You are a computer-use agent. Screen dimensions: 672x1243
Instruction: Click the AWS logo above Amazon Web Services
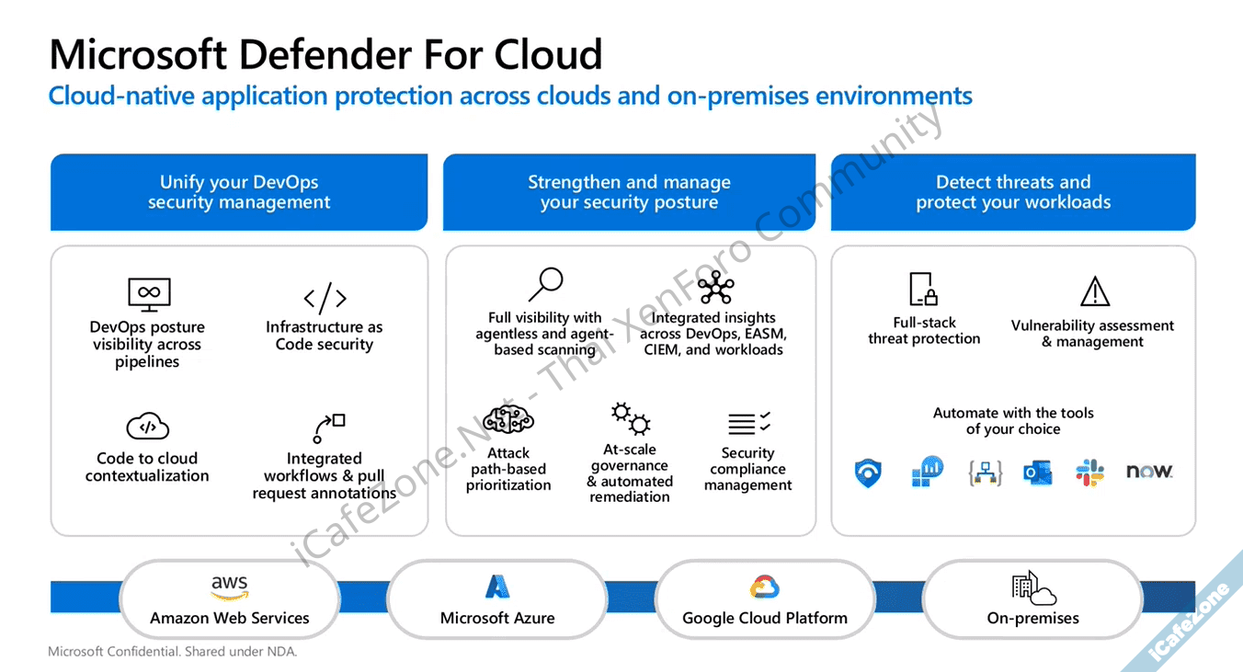pyautogui.click(x=229, y=587)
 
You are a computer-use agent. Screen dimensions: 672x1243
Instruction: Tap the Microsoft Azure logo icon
pyautogui.click(x=497, y=587)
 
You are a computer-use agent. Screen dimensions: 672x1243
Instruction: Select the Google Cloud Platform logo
pyautogui.click(x=765, y=587)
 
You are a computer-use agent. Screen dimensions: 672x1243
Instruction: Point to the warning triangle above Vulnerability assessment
pyautogui.click(x=1094, y=292)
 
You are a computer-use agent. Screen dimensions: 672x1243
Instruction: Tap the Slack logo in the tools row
pyautogui.click(x=1090, y=473)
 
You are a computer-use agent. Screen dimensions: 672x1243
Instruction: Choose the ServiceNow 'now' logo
pyautogui.click(x=1149, y=472)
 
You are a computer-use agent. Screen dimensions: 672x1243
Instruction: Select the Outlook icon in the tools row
pyautogui.click(x=1038, y=473)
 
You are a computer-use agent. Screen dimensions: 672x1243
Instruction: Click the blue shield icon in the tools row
pyautogui.click(x=867, y=473)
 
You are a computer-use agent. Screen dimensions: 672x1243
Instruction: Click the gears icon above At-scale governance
pyautogui.click(x=631, y=418)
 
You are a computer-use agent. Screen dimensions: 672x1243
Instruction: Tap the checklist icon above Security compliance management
pyautogui.click(x=748, y=424)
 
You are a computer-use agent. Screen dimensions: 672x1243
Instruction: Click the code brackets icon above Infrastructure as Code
pyautogui.click(x=325, y=298)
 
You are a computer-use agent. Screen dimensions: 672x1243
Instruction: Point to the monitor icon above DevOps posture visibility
pyautogui.click(x=149, y=294)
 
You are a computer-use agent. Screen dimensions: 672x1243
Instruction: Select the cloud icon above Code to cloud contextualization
pyautogui.click(x=148, y=427)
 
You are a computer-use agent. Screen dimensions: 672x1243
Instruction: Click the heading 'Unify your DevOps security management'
pyautogui.click(x=239, y=192)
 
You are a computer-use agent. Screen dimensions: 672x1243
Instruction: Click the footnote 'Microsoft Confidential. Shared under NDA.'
pyautogui.click(x=173, y=652)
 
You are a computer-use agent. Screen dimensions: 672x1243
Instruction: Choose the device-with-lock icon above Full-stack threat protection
pyautogui.click(x=923, y=290)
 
